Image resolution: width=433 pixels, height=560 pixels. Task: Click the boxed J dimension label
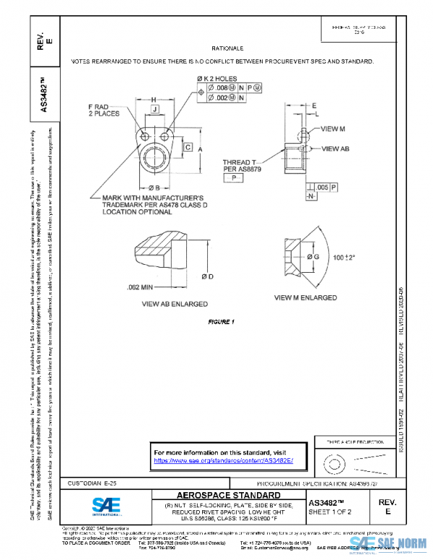point(155,109)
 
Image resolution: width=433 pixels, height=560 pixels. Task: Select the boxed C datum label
point(187,147)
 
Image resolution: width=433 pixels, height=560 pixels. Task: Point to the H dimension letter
point(154,99)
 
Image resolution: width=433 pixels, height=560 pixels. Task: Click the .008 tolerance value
point(224,87)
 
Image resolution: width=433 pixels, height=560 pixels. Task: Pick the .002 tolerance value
point(224,96)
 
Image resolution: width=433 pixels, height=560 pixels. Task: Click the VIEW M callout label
point(333,128)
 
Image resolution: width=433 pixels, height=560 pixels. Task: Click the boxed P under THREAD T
point(234,176)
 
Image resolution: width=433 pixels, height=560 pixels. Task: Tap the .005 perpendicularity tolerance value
point(323,188)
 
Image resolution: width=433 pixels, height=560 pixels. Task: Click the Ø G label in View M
point(312,257)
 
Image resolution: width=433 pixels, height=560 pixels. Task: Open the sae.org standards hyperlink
point(224,460)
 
